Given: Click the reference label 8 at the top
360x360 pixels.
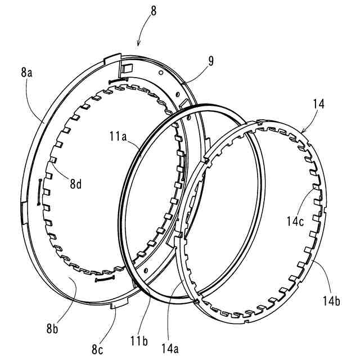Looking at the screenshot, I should (154, 11).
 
